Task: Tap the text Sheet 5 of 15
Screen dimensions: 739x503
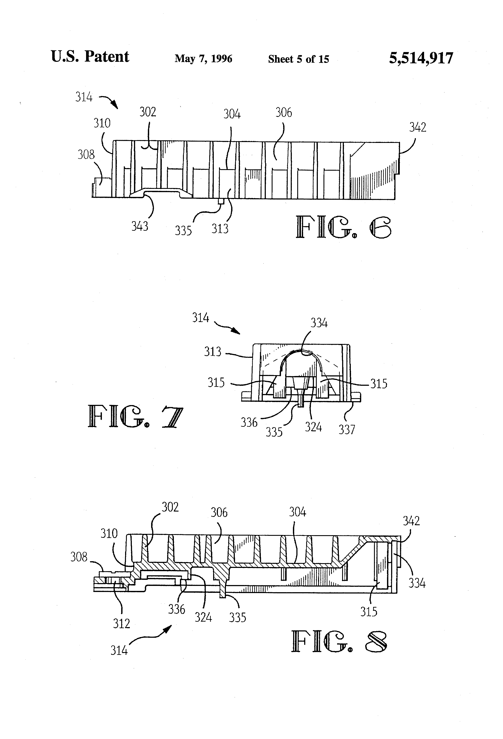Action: click(x=298, y=59)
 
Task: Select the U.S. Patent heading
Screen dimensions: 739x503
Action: click(x=90, y=57)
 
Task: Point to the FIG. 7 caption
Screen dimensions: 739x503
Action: click(x=135, y=416)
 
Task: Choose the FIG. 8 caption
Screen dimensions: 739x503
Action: click(x=339, y=642)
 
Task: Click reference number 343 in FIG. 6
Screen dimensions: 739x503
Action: click(x=140, y=226)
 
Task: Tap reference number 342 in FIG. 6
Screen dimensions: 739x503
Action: click(x=418, y=128)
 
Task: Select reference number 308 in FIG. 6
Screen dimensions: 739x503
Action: click(x=86, y=155)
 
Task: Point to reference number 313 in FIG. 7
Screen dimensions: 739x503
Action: click(x=212, y=352)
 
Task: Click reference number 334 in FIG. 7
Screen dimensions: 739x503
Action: click(x=319, y=323)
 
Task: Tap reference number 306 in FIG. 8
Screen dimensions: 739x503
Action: click(x=219, y=513)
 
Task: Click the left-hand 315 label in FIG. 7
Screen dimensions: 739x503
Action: click(x=216, y=383)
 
